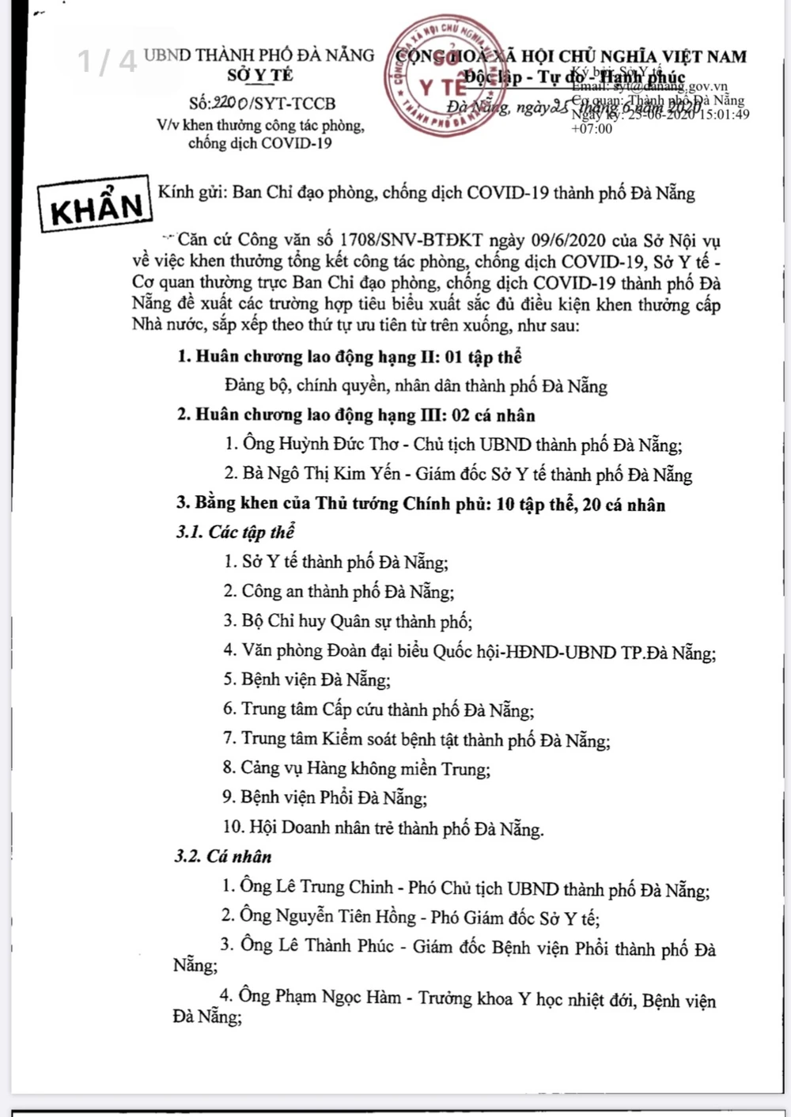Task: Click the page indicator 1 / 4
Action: [x=107, y=61]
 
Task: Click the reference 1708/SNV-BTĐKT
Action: [x=411, y=240]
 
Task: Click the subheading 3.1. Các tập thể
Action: [x=235, y=532]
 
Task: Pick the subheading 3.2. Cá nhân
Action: [x=223, y=857]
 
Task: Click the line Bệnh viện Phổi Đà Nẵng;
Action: [x=333, y=797]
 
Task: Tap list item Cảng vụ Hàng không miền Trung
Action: [x=365, y=768]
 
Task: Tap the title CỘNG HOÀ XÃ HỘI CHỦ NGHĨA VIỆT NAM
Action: [x=570, y=57]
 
